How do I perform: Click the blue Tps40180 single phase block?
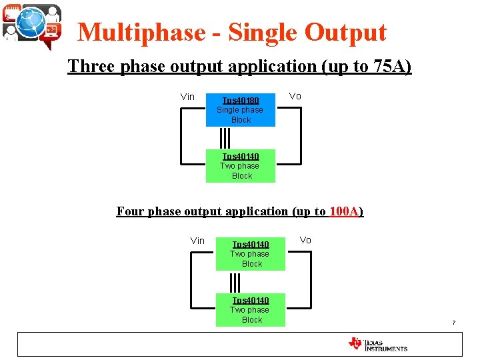[240, 110]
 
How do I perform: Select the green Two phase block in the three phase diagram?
[240, 166]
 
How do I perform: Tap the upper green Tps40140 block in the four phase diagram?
[250, 254]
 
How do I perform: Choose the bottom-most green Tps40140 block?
[250, 310]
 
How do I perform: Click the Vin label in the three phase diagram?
[187, 97]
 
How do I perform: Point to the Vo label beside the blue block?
[295, 96]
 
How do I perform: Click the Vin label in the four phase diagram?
[197, 241]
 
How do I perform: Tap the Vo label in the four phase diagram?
[305, 240]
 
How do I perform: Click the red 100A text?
[345, 211]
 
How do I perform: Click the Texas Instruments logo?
[377, 344]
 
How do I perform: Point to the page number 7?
[453, 323]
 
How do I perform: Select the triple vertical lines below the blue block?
[225, 137]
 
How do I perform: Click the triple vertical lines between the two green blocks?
[235, 281]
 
